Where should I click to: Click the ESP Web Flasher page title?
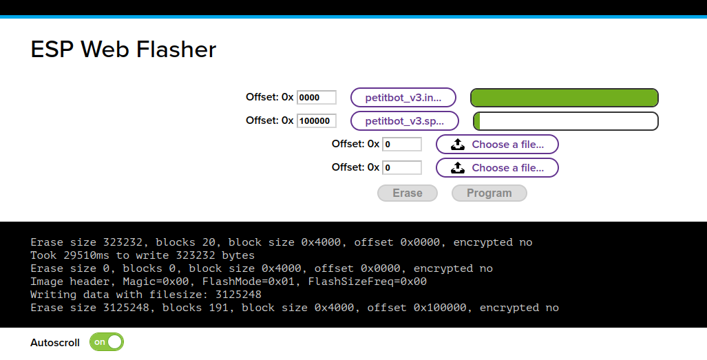pos(123,49)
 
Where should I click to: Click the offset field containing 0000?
pos(316,98)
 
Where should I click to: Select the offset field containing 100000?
pos(316,120)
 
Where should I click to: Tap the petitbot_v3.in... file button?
pos(403,98)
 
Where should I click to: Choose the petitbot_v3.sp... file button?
pos(404,121)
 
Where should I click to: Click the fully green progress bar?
pos(564,98)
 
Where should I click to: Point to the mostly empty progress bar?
pos(565,121)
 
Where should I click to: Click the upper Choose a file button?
pos(496,145)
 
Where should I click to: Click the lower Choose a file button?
pos(496,168)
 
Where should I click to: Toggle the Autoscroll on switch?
pos(107,342)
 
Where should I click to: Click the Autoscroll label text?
pos(55,342)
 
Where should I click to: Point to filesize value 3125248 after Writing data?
pos(238,295)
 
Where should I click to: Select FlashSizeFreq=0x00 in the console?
pos(367,282)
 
